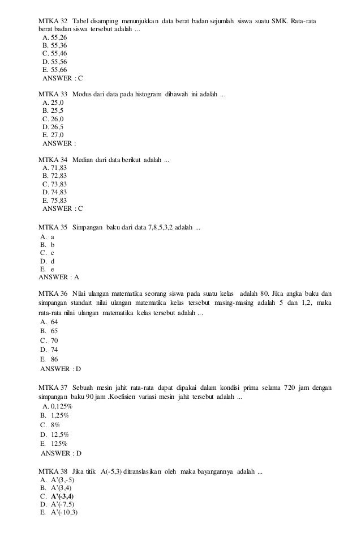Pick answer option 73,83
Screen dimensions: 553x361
coord(54,184)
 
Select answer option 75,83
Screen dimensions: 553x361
coord(54,200)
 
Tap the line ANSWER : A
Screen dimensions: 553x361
coord(58,278)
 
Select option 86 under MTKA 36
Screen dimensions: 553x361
coord(53,359)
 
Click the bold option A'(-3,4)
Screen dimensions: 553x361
coord(62,496)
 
